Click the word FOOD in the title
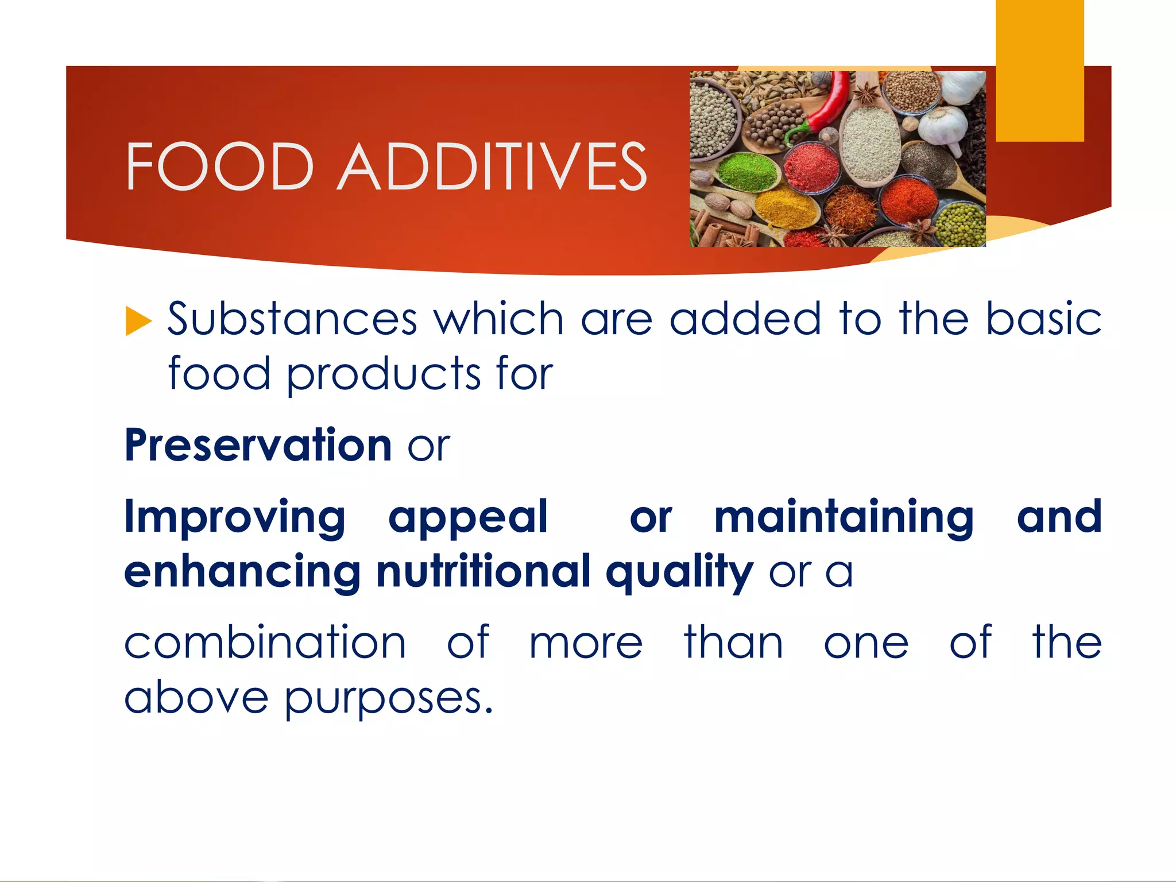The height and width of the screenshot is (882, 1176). point(219,167)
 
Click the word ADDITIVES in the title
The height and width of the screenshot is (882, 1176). point(493,167)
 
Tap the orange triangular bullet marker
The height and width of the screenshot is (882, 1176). point(137,320)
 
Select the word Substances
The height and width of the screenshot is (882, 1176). point(292,319)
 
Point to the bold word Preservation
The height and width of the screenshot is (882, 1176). point(258,445)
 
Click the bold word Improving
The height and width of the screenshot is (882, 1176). point(235,517)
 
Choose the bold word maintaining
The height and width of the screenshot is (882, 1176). point(844,517)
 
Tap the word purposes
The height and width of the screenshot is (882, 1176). point(389,698)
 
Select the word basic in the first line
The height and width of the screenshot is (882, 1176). point(1043,319)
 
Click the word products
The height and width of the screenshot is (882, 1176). point(383,374)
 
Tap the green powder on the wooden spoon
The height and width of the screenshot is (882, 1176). point(746,171)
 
